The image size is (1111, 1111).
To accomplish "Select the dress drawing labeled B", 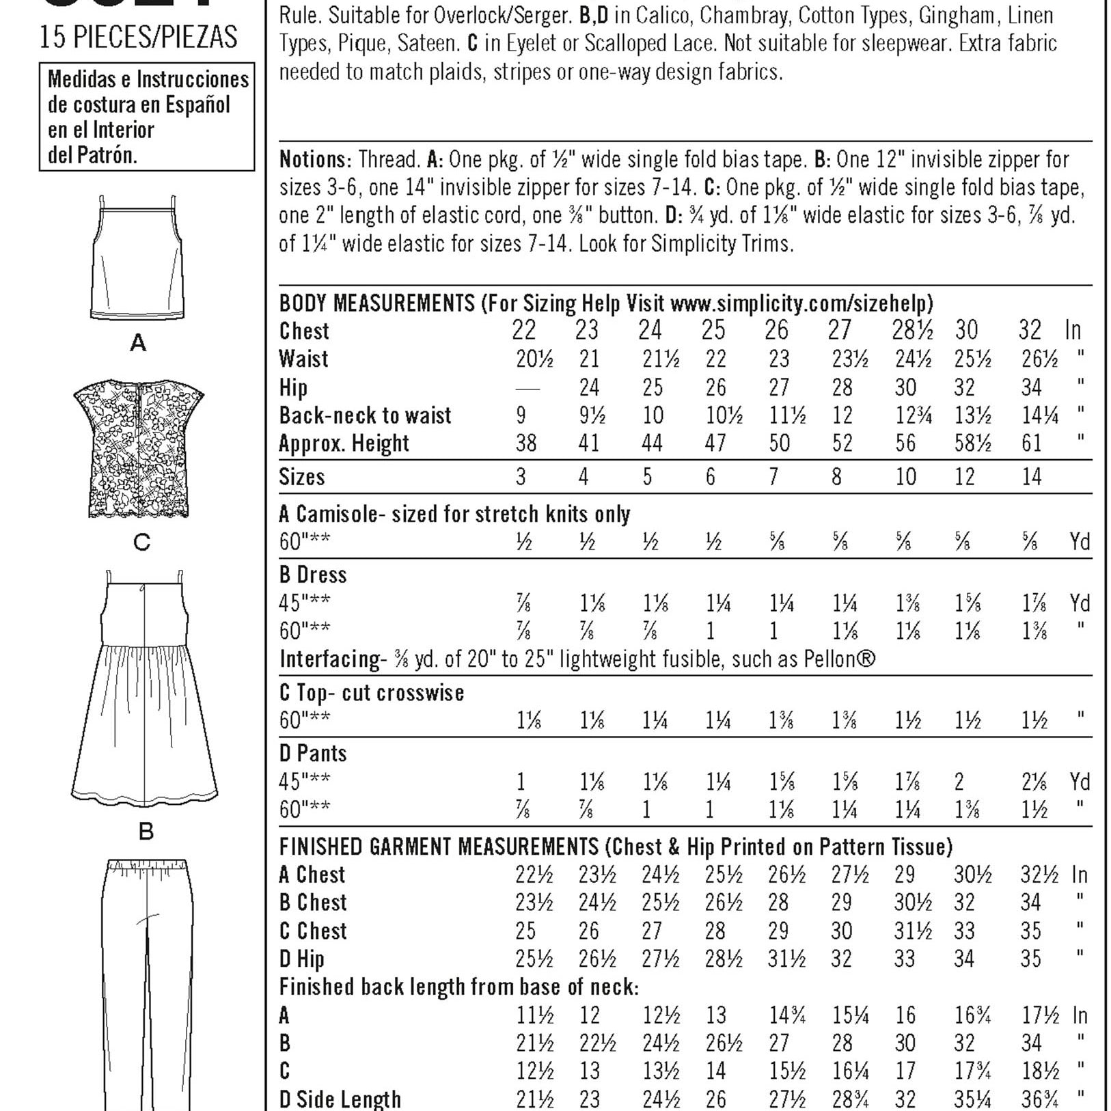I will point(144,690).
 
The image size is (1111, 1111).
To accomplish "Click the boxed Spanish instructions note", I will point(147,117).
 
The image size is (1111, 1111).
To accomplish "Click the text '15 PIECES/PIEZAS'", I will point(139,37).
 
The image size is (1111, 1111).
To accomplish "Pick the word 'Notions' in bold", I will point(315,160).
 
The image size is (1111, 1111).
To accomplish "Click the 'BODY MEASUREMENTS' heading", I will point(376,303).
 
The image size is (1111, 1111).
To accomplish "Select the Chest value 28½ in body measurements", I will point(911,331).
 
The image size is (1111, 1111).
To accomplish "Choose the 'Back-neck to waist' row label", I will point(365,415).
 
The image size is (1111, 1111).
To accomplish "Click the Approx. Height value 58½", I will point(972,443).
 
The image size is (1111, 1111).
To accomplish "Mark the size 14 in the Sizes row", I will point(1031,477).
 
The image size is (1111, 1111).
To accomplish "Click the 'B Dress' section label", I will point(313,575).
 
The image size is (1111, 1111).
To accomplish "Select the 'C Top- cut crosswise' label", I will point(372,693).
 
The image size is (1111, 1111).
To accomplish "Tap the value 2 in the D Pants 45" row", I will point(959,782).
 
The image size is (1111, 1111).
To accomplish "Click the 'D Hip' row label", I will point(301,959).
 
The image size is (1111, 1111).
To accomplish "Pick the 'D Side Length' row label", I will point(340,1099).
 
